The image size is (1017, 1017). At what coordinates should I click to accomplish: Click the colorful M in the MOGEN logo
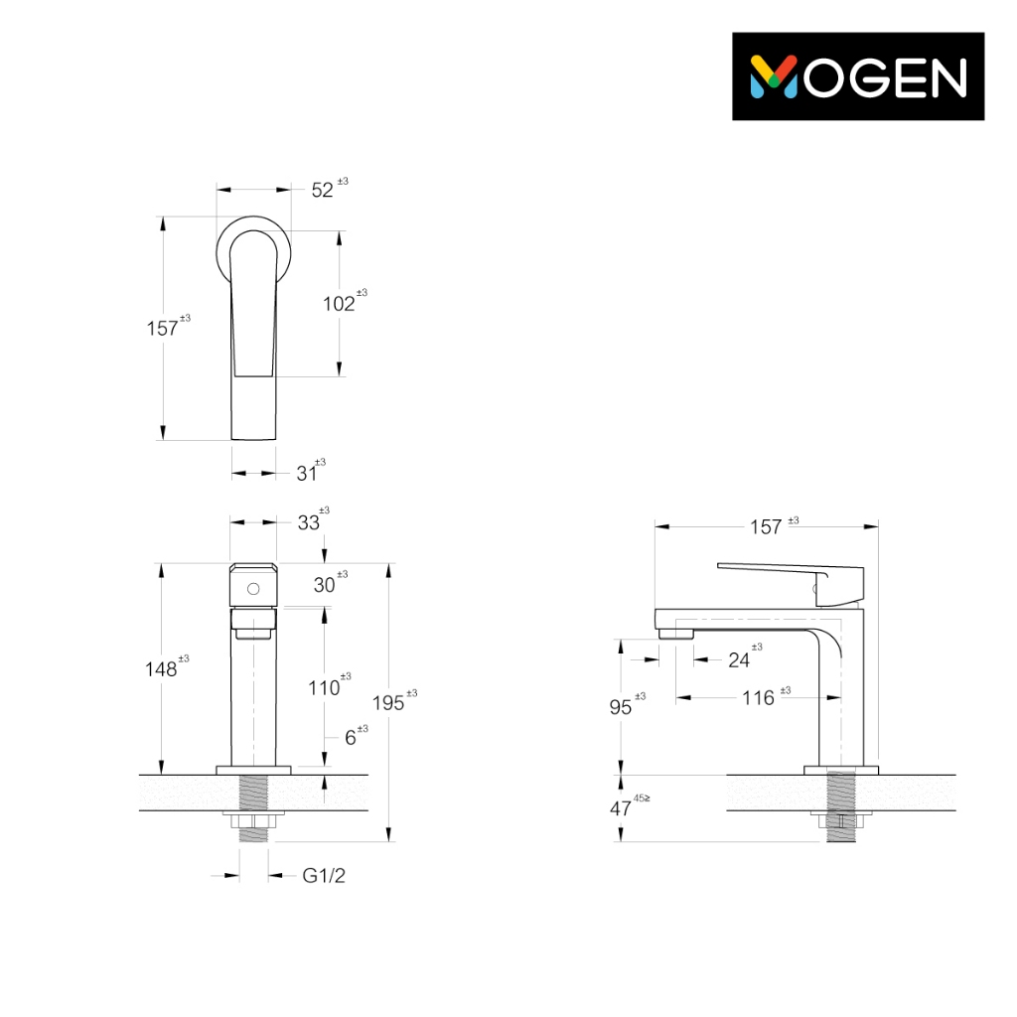point(773,76)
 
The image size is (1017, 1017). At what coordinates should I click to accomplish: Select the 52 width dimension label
point(323,190)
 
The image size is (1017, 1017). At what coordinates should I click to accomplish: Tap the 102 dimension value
point(339,304)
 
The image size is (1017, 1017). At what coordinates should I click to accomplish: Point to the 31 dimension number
point(306,474)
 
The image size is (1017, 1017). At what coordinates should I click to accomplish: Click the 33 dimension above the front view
point(309,522)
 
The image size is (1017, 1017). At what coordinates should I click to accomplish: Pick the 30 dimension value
point(325,585)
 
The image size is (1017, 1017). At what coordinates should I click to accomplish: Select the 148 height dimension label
point(161,669)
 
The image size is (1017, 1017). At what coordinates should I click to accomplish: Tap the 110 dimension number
point(324,687)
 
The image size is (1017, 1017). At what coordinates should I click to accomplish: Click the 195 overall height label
point(388,703)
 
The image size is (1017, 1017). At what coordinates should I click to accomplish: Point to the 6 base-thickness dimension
point(351,738)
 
